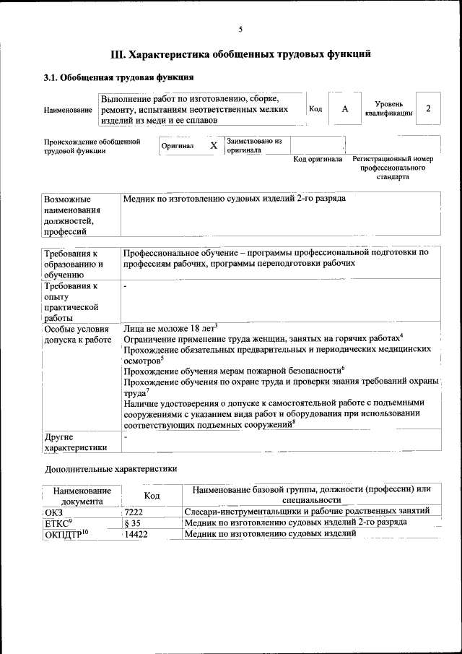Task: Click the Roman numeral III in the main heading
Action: (x=118, y=53)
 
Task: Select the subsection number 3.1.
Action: (x=51, y=77)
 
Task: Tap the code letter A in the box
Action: (x=345, y=108)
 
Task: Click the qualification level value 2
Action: (x=429, y=108)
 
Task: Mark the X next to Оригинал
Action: (x=213, y=145)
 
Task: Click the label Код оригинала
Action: (x=317, y=159)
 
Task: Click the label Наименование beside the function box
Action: (x=68, y=110)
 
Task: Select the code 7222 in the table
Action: (x=134, y=511)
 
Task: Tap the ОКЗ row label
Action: (x=54, y=511)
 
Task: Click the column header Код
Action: (x=152, y=495)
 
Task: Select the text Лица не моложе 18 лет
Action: (x=170, y=327)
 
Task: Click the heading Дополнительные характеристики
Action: (x=110, y=468)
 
